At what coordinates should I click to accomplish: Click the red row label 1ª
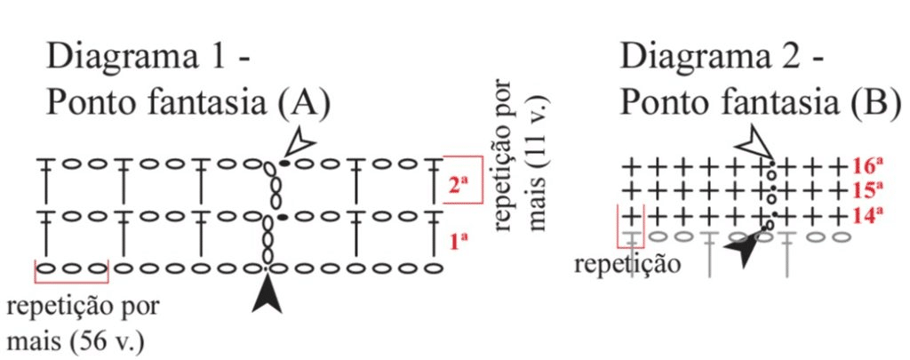pos(459,240)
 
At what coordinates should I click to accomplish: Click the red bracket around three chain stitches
pos(72,272)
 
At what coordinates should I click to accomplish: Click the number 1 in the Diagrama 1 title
pos(223,57)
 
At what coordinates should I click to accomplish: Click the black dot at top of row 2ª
pos(284,164)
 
